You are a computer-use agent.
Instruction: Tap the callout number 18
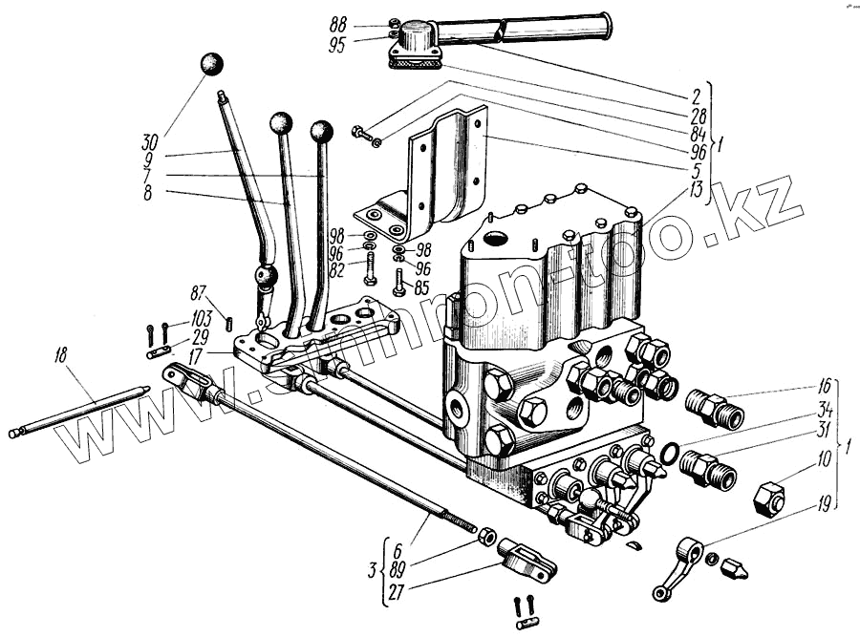tap(62, 357)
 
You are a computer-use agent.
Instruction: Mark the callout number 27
tap(395, 593)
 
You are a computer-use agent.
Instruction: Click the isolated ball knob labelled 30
tap(211, 64)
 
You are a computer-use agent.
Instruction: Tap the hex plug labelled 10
tap(769, 498)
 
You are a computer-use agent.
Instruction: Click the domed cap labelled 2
tap(418, 39)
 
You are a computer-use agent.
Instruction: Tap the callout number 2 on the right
tap(697, 96)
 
